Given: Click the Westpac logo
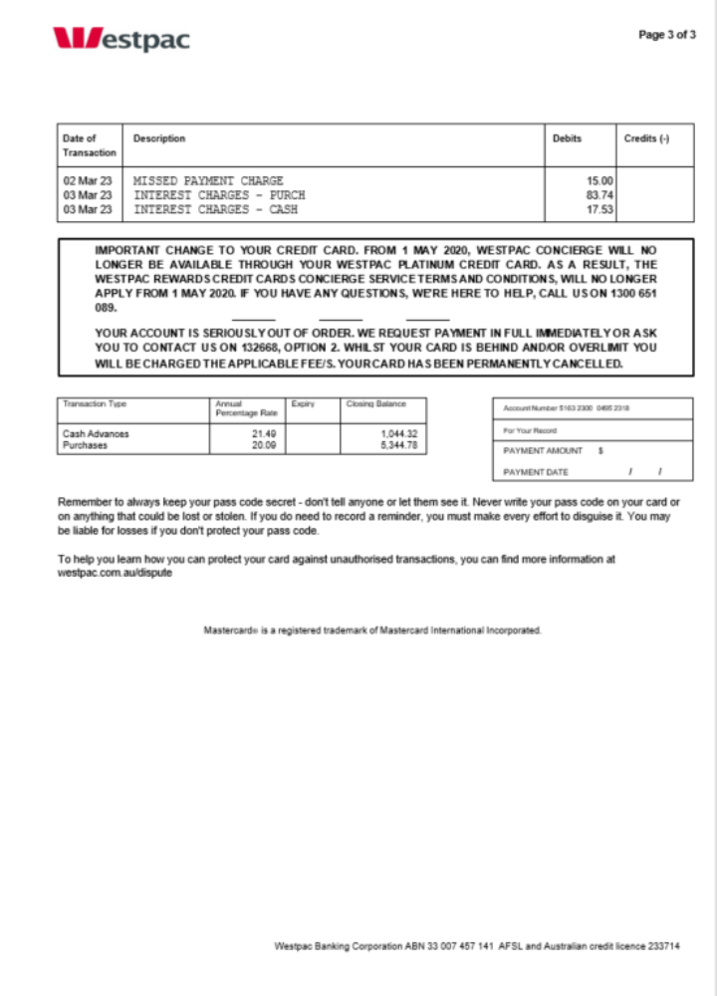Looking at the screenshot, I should click(120, 39).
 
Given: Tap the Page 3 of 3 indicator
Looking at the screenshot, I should click(666, 35).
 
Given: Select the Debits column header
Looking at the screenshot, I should click(567, 139).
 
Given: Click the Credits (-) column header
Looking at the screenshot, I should click(646, 139).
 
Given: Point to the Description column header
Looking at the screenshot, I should click(159, 139).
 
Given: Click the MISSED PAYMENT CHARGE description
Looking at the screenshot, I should click(208, 181).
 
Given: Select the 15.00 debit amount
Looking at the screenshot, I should click(599, 181).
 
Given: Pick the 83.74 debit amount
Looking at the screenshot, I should click(599, 196).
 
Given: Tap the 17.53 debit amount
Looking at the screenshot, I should click(599, 210).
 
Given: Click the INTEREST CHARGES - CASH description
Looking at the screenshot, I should click(215, 210).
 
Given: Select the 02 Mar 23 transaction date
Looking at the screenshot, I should click(88, 181).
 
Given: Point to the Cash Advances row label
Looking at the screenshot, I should click(96, 434).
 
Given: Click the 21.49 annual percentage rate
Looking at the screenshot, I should click(263, 434).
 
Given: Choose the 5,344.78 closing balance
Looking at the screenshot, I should click(398, 446).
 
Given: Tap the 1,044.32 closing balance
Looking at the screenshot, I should click(398, 434).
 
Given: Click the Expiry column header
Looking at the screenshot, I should click(303, 404).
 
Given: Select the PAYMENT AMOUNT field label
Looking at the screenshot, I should click(544, 451).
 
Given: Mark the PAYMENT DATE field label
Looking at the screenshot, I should click(536, 472).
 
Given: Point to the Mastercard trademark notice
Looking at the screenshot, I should click(372, 630).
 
